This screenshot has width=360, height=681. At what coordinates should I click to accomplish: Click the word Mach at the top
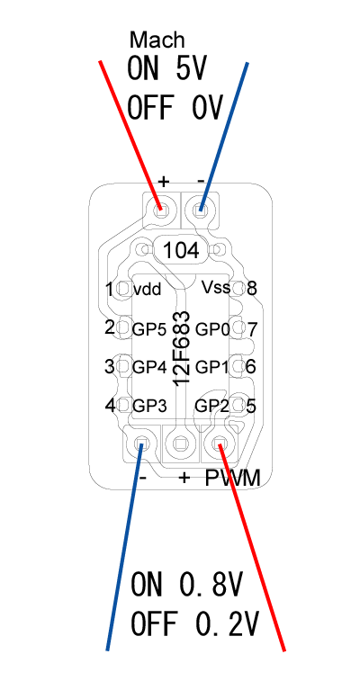pos(157,40)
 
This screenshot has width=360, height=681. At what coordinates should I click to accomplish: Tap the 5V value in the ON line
pos(192,68)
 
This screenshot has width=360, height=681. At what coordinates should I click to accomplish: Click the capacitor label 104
pos(181,251)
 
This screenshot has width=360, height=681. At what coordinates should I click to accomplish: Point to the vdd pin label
pos(148,289)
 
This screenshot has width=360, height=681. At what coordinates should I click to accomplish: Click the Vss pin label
pos(216,288)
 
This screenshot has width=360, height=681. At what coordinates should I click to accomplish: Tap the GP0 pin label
pos(212,329)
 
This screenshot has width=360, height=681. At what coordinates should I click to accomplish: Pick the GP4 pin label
pos(149,368)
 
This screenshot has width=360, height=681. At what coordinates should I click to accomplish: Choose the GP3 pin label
pos(149,406)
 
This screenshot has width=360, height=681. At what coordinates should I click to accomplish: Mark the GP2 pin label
pos(211,406)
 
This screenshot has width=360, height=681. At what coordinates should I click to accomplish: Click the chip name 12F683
pos(182,348)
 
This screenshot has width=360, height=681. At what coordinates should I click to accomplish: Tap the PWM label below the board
pos(233,479)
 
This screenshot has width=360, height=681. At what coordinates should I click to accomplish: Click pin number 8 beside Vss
pos(251,289)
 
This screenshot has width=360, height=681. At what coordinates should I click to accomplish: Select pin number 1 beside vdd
pos(110,290)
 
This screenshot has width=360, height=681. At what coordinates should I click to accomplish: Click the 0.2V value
pos(227,623)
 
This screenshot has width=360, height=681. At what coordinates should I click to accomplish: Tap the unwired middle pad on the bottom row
pos(180,444)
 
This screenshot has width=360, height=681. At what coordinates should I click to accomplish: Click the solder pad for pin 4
pos(124,406)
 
